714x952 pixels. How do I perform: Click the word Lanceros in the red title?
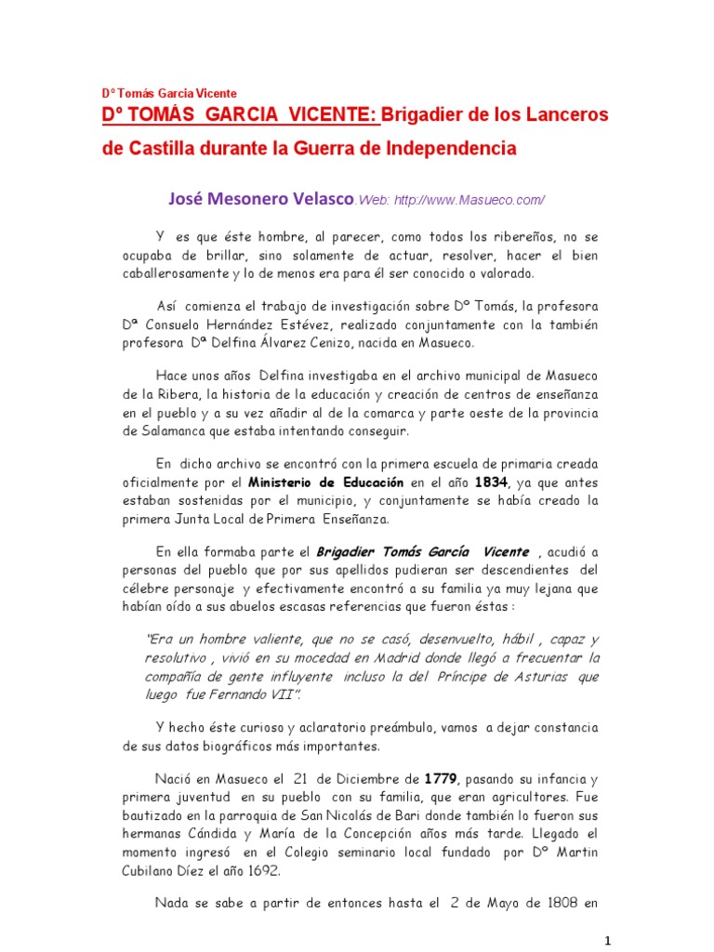click(x=560, y=114)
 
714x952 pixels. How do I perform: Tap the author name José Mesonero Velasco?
click(x=261, y=198)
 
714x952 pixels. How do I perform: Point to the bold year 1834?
click(x=492, y=483)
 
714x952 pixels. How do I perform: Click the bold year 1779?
click(x=441, y=777)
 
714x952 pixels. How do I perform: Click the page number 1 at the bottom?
click(x=606, y=937)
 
